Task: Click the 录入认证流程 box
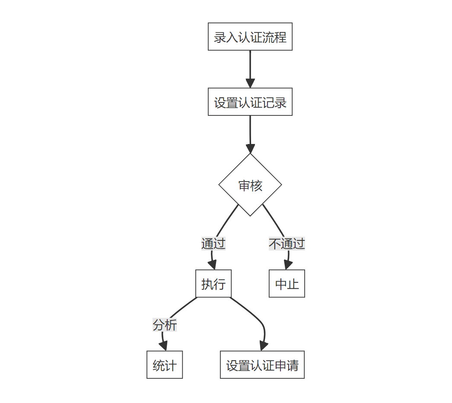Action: (x=250, y=37)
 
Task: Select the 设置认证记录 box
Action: (x=250, y=102)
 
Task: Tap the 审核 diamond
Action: (x=250, y=185)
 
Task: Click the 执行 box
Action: (x=213, y=284)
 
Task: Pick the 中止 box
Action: (x=287, y=284)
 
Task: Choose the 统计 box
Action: (x=165, y=365)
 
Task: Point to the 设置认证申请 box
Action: (x=262, y=365)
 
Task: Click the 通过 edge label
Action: (x=213, y=244)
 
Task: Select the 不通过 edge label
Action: (x=287, y=244)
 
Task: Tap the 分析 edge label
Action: (x=165, y=325)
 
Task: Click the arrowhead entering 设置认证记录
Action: (x=250, y=83)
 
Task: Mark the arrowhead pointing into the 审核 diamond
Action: (x=250, y=149)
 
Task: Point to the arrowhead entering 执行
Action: (x=213, y=265)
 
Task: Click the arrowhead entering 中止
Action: (x=287, y=265)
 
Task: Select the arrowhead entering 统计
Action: (x=163, y=346)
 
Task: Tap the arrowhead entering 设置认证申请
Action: (x=263, y=346)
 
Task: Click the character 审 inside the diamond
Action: (x=245, y=186)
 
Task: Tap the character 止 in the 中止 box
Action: (x=293, y=284)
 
